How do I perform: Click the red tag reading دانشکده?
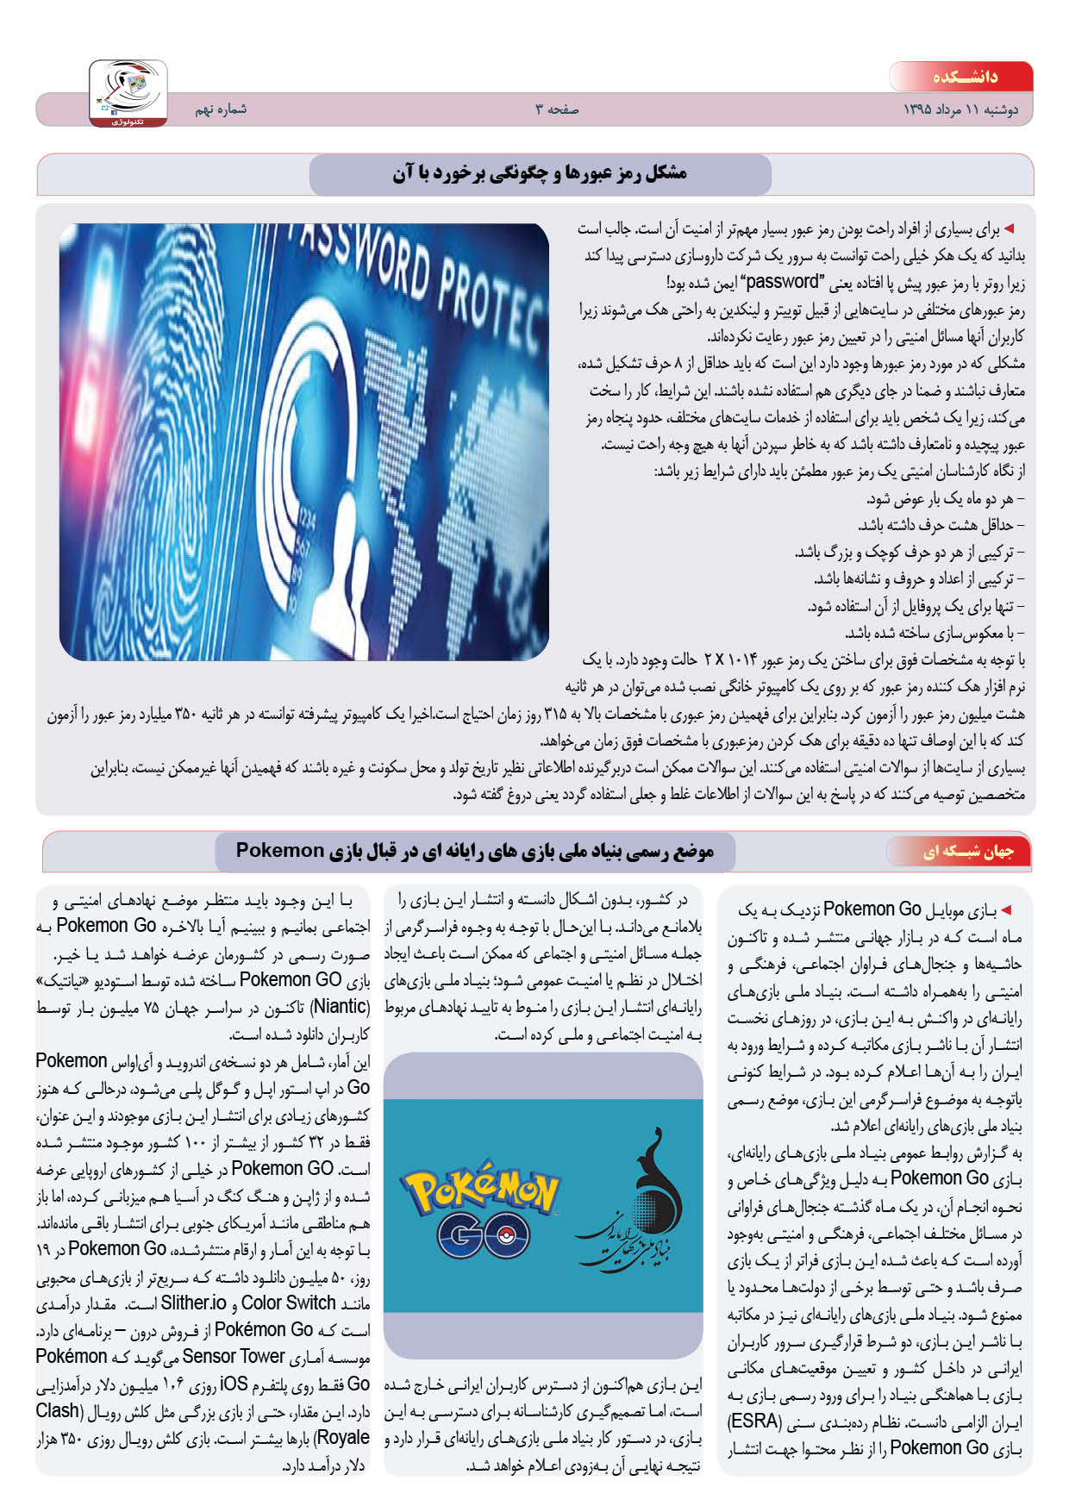963,77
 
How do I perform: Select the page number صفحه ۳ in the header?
557,109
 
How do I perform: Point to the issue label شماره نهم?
221,109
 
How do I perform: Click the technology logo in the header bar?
128,93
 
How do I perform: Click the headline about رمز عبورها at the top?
540,174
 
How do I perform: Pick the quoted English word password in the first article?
782,282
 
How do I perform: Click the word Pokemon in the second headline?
279,851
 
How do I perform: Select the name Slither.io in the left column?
193,1303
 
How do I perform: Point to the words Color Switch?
288,1303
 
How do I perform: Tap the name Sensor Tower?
233,1356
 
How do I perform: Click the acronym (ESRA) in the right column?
754,1421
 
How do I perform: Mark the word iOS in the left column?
234,1384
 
